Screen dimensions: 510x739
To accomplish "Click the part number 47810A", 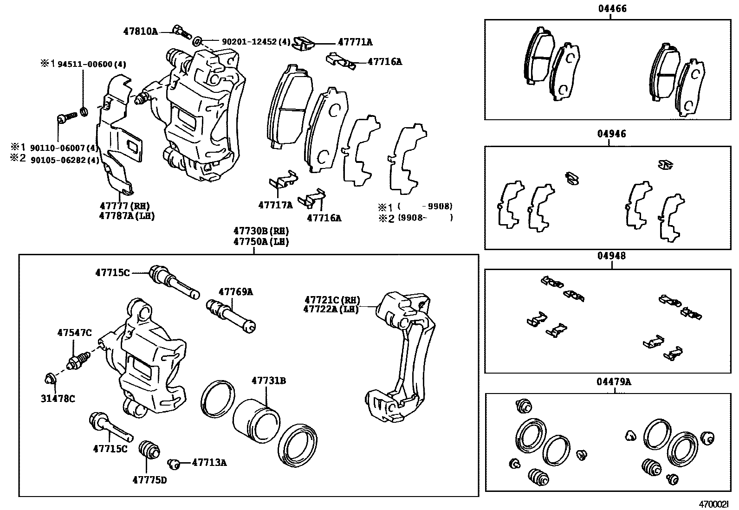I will click(140, 32).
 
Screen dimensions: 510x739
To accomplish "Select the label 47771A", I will click(355, 42).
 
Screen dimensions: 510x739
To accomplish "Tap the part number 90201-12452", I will click(249, 42).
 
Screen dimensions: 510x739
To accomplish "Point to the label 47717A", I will click(275, 205).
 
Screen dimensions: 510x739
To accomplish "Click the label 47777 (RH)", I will click(124, 206).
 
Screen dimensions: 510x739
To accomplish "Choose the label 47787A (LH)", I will click(126, 216).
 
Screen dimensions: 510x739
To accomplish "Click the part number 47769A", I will click(236, 292).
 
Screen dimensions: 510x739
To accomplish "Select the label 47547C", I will click(74, 333).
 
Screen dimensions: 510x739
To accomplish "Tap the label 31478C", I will click(58, 398).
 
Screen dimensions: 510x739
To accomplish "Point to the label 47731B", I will click(269, 381).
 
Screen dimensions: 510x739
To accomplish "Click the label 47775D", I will click(149, 480).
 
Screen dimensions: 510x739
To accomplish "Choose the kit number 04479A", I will click(614, 382).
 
